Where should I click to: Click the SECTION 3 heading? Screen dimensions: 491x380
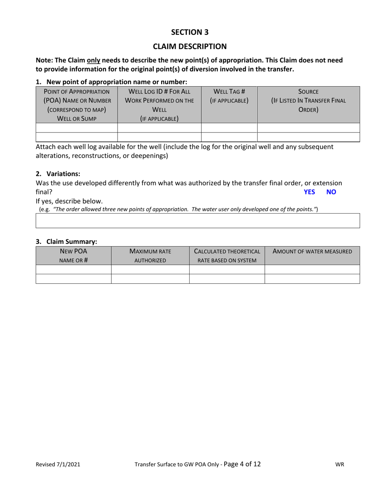(x=190, y=32)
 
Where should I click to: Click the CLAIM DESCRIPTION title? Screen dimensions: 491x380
(x=190, y=46)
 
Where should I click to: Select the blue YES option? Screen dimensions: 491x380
(x=309, y=192)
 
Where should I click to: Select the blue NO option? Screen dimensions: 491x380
(x=331, y=192)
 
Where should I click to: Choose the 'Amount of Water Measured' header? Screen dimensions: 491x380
(x=312, y=251)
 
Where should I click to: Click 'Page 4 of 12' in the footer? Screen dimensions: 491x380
(x=242, y=464)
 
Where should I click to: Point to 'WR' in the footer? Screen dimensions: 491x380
(x=340, y=465)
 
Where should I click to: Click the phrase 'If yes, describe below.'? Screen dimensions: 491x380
(x=69, y=201)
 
